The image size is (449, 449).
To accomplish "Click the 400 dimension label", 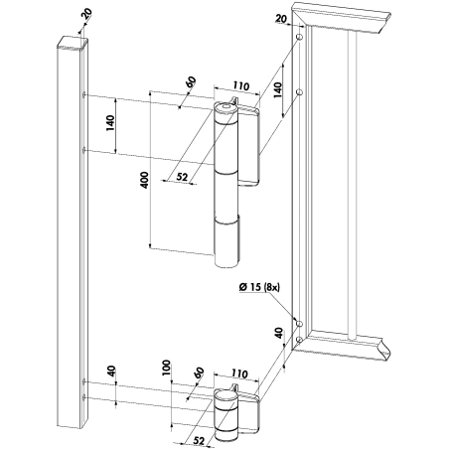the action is [x=144, y=181].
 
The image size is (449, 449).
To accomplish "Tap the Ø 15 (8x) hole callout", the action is [x=259, y=287].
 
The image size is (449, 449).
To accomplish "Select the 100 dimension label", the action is [x=166, y=368].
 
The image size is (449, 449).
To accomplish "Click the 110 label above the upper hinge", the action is [x=240, y=86].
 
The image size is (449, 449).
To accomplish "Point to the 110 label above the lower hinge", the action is [x=239, y=374].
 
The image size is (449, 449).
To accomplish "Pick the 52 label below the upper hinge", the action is [x=182, y=177].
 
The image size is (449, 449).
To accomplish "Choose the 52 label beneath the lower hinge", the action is [x=199, y=440].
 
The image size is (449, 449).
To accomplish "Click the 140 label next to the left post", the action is [x=110, y=122].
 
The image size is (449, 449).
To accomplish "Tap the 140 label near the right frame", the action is [x=277, y=89].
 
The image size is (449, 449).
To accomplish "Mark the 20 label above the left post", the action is [x=86, y=15].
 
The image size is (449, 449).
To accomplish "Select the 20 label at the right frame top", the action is [x=281, y=19].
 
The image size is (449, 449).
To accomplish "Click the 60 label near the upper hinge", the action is [x=191, y=81].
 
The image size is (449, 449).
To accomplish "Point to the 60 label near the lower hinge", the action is [x=199, y=374].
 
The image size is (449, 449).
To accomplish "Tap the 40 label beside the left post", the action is [x=111, y=371].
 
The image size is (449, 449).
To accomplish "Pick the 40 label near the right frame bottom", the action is [x=279, y=333].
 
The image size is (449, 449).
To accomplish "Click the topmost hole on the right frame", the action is [x=299, y=37].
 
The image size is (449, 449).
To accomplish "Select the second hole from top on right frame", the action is [x=299, y=92].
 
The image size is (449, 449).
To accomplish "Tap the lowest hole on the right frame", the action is [x=299, y=340].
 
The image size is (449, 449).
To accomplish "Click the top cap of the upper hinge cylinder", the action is [x=225, y=107].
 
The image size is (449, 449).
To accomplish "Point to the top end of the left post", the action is [x=73, y=44].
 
